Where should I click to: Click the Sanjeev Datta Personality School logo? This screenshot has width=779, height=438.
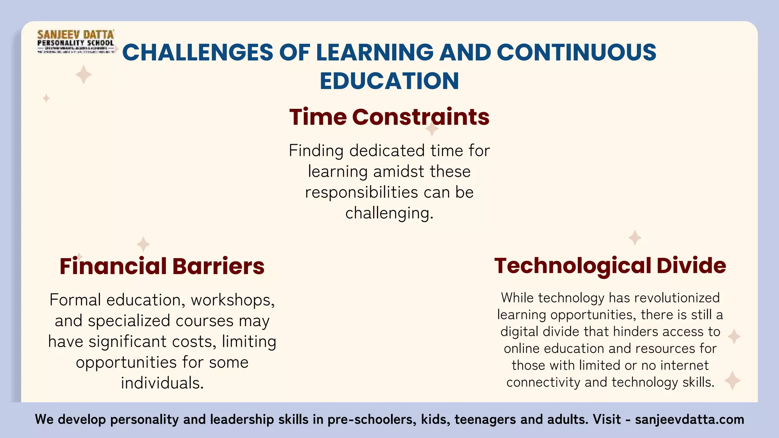pyautogui.click(x=76, y=42)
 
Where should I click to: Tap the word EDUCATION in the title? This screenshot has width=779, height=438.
pyautogui.click(x=389, y=81)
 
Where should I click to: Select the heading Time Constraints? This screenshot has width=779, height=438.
pyautogui.click(x=389, y=117)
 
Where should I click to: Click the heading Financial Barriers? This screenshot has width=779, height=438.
pyautogui.click(x=162, y=266)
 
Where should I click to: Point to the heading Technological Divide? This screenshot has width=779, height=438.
pyautogui.click(x=610, y=265)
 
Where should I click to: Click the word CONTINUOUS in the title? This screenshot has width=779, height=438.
pyautogui.click(x=576, y=52)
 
